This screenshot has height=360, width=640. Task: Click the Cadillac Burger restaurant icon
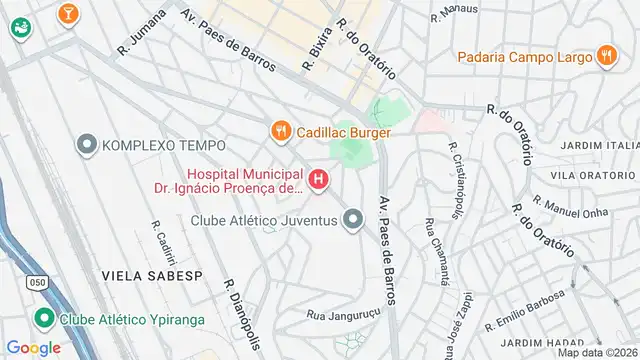[x=281, y=130]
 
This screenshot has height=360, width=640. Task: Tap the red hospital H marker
[x=318, y=180]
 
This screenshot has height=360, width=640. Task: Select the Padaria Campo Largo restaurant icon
[x=605, y=56]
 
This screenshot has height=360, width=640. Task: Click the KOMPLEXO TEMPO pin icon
[x=87, y=146]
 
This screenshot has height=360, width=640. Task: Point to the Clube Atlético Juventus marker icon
[x=352, y=218]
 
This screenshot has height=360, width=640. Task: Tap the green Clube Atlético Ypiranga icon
[x=43, y=320]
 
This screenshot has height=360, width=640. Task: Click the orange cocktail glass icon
[x=67, y=13]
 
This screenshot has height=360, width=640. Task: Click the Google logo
[x=33, y=347]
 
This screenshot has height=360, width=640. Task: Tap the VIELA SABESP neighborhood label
[x=138, y=272]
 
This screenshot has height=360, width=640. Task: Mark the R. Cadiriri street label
[x=157, y=237]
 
